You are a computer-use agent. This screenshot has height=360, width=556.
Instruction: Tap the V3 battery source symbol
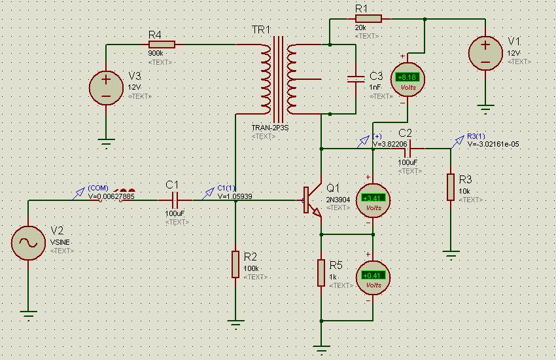(106, 87)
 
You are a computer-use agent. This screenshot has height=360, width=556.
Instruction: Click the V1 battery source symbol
(485, 53)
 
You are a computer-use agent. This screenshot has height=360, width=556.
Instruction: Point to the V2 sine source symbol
(29, 242)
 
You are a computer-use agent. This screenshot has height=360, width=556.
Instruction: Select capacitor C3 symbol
(356, 79)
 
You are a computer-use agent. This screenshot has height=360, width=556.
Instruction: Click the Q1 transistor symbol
(313, 200)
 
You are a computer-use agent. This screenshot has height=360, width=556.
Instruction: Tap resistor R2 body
(235, 264)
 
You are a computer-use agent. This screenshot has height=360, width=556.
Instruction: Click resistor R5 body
(321, 272)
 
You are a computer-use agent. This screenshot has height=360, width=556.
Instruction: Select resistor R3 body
(450, 187)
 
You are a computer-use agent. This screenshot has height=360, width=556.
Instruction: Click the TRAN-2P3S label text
(270, 128)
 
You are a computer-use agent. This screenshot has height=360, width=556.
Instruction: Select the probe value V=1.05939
(235, 196)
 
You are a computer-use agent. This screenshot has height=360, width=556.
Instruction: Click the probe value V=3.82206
(390, 144)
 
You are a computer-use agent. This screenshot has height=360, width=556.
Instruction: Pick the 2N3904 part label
(338, 199)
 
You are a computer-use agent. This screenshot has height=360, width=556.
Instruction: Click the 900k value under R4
(156, 54)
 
